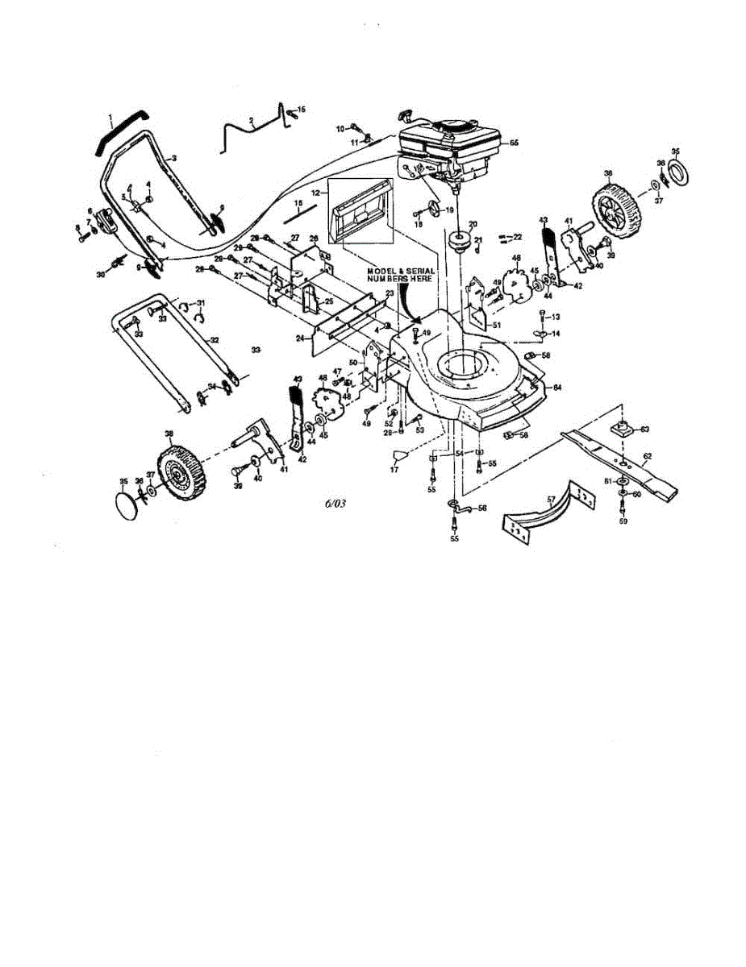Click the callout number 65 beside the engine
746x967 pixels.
(514, 142)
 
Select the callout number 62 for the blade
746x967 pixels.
(647, 456)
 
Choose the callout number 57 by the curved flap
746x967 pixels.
(552, 500)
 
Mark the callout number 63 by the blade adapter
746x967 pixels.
(644, 430)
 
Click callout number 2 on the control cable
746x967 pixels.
(252, 120)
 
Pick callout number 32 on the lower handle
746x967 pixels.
(214, 341)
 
